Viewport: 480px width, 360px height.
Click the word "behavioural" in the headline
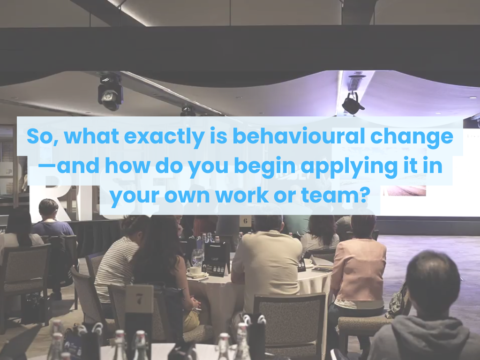pyautogui.click(x=299, y=136)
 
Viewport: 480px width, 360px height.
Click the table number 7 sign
pyautogui.click(x=139, y=299)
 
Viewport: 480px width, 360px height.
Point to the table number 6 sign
pyautogui.click(x=245, y=221)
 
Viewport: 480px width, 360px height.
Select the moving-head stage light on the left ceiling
pyautogui.click(x=110, y=91)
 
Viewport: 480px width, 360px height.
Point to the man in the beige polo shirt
pyautogui.click(x=266, y=263)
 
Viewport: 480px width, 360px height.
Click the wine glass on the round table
pyautogui.click(x=197, y=257)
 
